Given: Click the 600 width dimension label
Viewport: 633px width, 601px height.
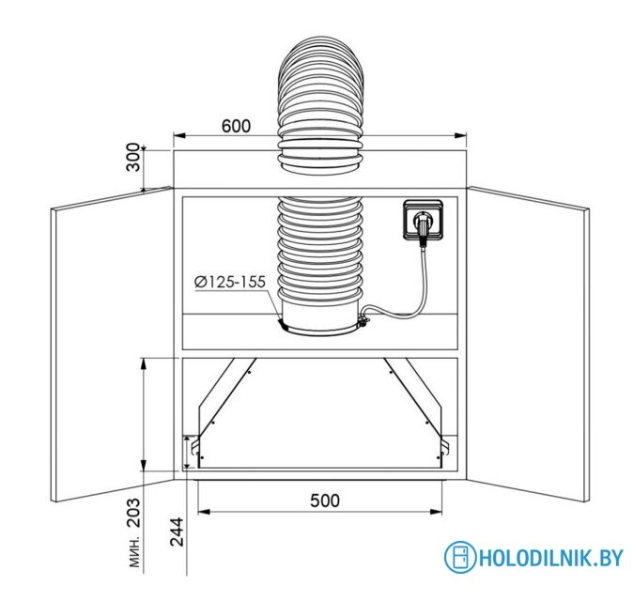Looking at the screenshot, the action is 236,126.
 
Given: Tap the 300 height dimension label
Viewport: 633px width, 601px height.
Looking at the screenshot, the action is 133,157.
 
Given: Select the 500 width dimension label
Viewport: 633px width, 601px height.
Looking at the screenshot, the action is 325,501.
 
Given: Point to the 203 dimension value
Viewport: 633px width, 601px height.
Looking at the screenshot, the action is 133,513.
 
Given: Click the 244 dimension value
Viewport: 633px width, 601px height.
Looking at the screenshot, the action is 177,532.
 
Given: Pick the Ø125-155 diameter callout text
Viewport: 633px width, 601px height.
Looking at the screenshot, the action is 230,282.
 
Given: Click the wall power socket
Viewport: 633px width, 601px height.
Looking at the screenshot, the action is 424,220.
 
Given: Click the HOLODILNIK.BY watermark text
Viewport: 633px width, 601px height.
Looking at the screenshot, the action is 550,558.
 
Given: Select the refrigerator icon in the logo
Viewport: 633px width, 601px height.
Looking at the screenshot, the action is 460,558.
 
